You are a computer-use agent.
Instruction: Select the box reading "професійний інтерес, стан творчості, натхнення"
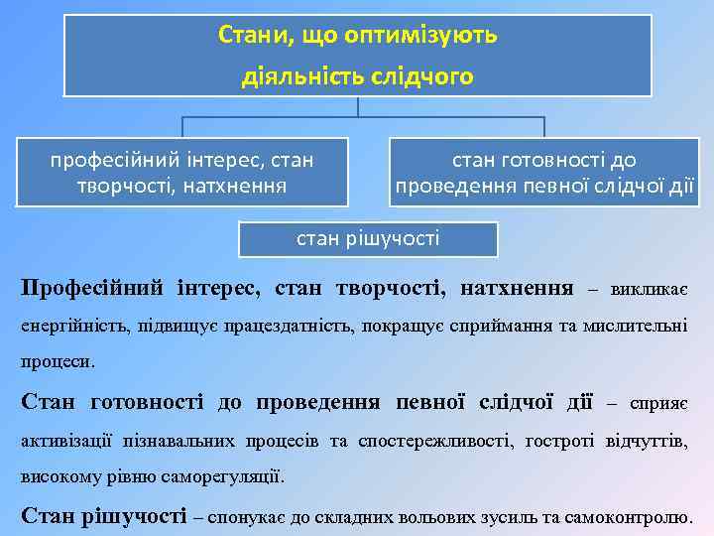tap(182, 171)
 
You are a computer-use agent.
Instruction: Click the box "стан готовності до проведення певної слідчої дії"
tap(544, 172)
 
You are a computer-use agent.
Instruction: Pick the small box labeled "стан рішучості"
tap(369, 238)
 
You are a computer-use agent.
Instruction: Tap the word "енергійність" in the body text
tap(62, 326)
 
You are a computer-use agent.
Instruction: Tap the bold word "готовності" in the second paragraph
tap(146, 402)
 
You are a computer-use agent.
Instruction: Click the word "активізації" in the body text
tap(66, 440)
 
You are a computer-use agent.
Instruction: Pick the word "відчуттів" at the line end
tap(647, 440)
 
